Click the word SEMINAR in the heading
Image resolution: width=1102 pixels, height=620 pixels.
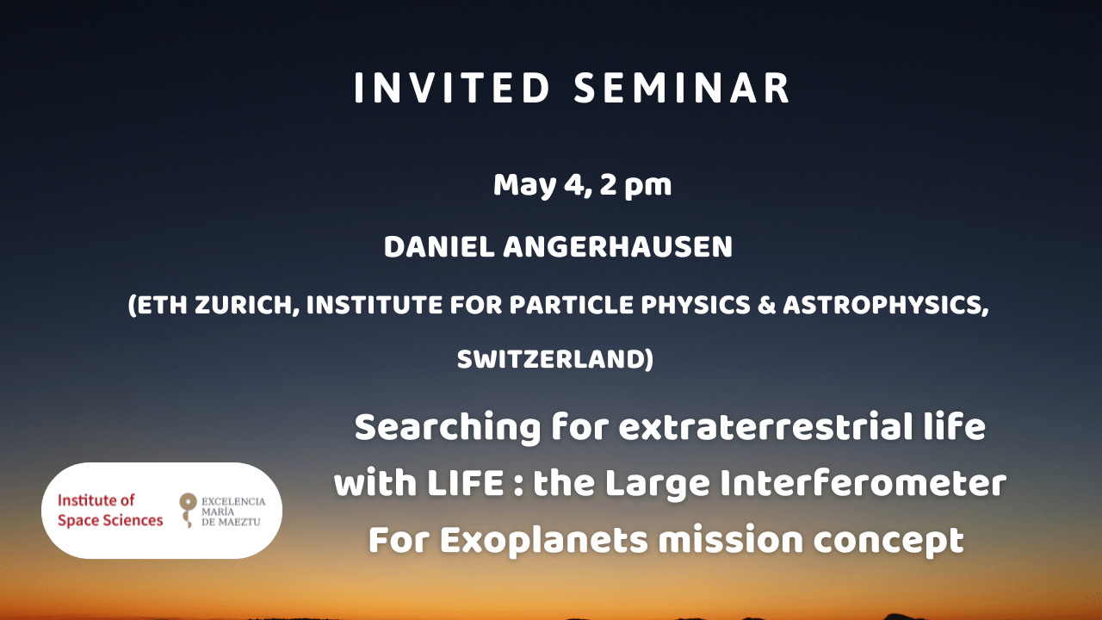682,89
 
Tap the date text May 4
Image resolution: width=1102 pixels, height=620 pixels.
541,186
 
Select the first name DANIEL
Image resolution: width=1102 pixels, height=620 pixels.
439,247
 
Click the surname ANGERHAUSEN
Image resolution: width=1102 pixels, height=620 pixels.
617,247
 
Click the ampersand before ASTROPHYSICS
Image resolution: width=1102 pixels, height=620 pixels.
766,305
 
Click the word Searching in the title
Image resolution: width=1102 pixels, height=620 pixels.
447,428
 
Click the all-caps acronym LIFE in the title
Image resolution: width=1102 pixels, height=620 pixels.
465,484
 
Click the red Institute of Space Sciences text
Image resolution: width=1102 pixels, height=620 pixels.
109,511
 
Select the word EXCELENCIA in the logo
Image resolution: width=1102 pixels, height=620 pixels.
233,501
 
